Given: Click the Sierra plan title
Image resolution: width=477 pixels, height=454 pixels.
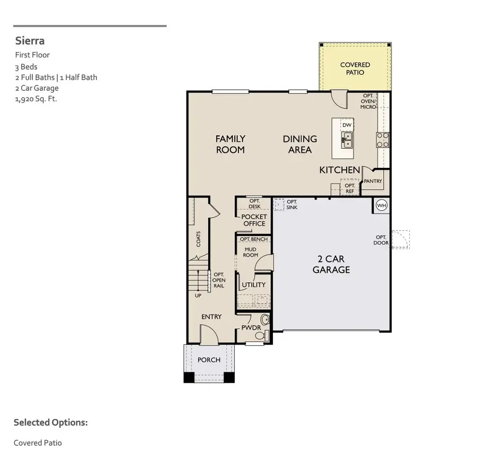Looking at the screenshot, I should pyautogui.click(x=30, y=41).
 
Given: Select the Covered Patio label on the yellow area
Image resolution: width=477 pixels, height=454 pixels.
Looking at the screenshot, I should pyautogui.click(x=355, y=68).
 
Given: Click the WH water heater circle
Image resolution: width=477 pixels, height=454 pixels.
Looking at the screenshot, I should pyautogui.click(x=382, y=205).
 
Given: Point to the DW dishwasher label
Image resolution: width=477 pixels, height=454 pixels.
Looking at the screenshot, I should pyautogui.click(x=347, y=125).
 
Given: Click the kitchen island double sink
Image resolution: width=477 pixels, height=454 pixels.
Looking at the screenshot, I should pyautogui.click(x=347, y=140).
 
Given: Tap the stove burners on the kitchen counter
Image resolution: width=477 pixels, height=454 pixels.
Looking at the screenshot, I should pyautogui.click(x=383, y=139).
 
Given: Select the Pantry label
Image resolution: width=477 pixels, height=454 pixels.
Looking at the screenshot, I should pyautogui.click(x=373, y=181).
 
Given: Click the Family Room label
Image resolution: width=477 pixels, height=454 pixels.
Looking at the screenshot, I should pyautogui.click(x=230, y=144).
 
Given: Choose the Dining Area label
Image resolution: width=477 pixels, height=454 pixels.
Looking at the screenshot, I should pyautogui.click(x=300, y=144).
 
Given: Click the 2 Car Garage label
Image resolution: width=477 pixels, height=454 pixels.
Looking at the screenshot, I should pyautogui.click(x=331, y=264).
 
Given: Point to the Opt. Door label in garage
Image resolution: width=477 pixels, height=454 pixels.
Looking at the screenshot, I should pyautogui.click(x=381, y=240).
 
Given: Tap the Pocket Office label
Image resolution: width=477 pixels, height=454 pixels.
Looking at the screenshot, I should pyautogui.click(x=254, y=220).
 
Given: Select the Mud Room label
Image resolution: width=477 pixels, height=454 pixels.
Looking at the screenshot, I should pyautogui.click(x=251, y=252).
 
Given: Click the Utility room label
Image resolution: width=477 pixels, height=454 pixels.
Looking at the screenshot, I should pyautogui.click(x=254, y=285).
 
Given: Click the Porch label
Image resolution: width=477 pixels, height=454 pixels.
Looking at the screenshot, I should pyautogui.click(x=209, y=360).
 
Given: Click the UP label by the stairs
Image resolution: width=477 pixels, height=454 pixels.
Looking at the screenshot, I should pyautogui.click(x=198, y=296).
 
